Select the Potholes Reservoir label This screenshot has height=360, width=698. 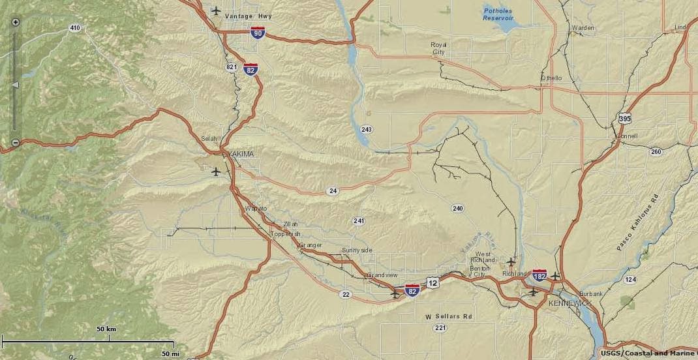coord(499,14)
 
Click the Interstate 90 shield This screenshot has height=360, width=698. coord(258,32)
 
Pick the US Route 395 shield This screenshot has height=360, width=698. coord(625,118)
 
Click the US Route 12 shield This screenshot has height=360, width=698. coord(433,282)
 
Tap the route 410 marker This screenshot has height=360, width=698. coord(75,28)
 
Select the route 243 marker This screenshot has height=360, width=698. coord(367,129)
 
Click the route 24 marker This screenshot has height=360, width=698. coord(333,191)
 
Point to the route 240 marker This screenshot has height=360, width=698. coord(457,208)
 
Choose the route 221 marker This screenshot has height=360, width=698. coord(441,327)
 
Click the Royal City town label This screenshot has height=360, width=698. coord(438,48)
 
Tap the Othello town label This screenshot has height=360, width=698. coord(551,78)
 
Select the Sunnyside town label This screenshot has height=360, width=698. coord(357,250)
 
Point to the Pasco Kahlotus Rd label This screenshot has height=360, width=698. coord(638,222)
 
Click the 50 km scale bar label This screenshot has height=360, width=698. coord(106,329)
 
